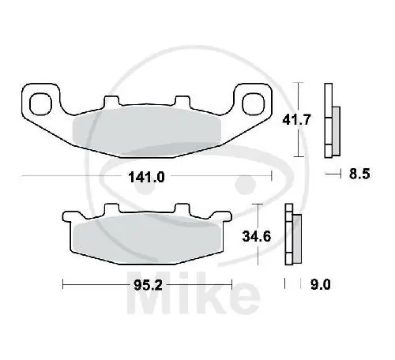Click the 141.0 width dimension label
[x=145, y=177]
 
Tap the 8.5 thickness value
[x=359, y=177]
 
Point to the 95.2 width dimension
[x=145, y=283]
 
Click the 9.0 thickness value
[x=320, y=283]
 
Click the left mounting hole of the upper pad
[x=37, y=102]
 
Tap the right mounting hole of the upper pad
[x=253, y=102]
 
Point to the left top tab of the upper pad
[x=109, y=102]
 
